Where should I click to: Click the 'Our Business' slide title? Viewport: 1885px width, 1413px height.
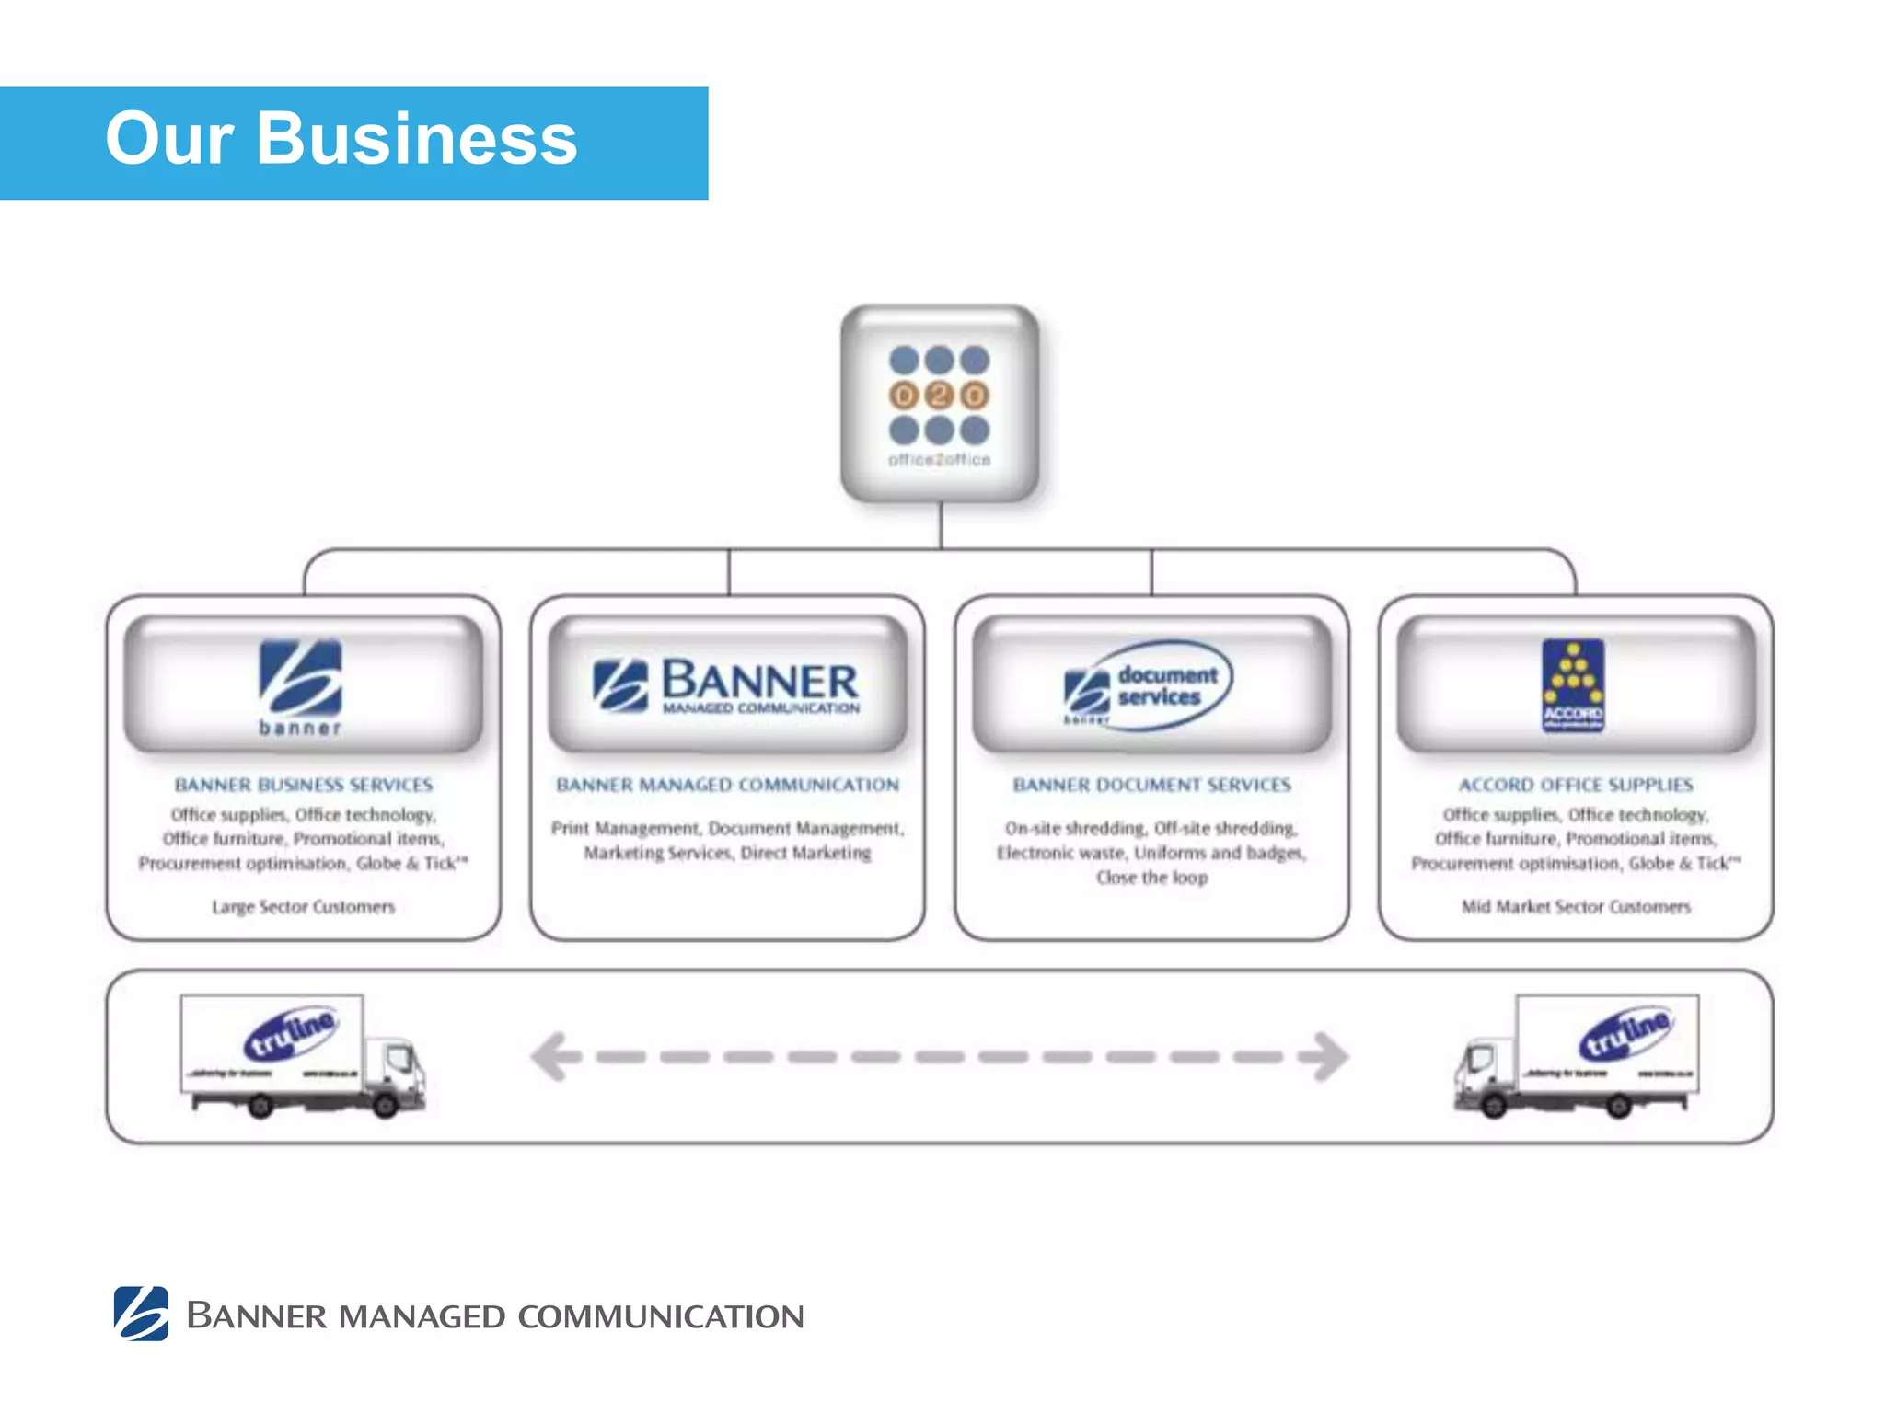point(341,140)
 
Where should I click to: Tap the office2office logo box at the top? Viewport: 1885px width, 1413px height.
point(940,405)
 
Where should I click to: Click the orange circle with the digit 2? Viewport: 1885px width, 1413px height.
point(940,396)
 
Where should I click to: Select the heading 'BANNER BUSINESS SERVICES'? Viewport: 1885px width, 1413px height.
point(304,785)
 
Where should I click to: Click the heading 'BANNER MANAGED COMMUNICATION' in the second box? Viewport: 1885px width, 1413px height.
point(727,785)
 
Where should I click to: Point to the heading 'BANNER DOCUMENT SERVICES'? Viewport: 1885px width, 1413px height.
point(1151,785)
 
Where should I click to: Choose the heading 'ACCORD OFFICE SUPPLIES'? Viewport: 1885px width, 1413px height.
point(1576,785)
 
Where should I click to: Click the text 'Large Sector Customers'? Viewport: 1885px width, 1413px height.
point(304,907)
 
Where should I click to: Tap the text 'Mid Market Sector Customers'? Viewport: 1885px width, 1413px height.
point(1576,907)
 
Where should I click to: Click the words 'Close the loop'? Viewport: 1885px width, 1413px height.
point(1151,878)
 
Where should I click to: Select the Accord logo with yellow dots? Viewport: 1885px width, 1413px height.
point(1573,685)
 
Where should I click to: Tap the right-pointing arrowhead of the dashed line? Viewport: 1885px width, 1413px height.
point(1326,1056)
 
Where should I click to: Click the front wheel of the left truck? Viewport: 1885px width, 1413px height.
point(386,1105)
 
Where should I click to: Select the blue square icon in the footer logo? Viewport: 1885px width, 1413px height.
point(141,1313)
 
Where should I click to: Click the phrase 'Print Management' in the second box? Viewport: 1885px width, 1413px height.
point(625,829)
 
